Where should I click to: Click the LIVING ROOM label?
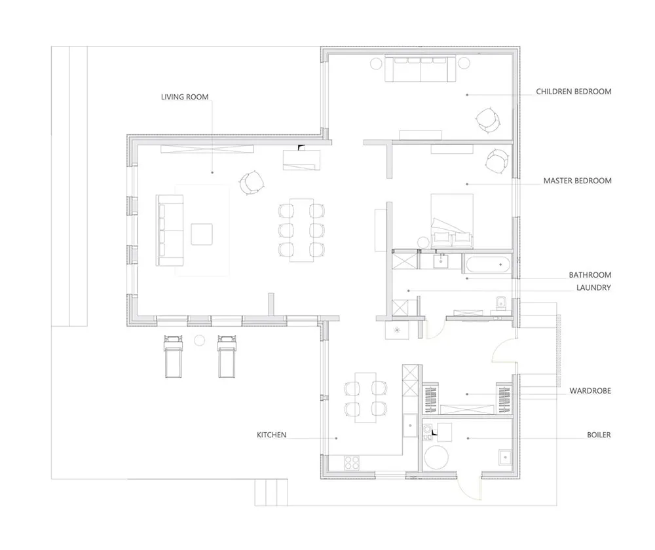[185, 97]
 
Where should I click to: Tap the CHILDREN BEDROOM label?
[574, 92]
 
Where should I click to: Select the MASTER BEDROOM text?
[577, 181]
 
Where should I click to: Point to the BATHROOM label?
[590, 275]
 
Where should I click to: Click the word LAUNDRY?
[593, 287]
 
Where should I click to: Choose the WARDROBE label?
[590, 391]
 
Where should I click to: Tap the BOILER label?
[599, 435]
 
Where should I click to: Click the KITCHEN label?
[272, 435]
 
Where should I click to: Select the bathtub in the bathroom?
[487, 265]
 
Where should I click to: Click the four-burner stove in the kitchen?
[352, 463]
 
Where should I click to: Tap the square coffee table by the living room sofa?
[202, 234]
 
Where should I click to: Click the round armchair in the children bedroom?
[487, 120]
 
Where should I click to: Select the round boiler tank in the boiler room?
[436, 457]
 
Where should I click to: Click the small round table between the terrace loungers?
[200, 340]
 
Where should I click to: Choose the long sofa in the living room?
[170, 230]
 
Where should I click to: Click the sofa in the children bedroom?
[421, 69]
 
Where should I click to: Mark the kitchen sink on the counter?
[410, 425]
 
